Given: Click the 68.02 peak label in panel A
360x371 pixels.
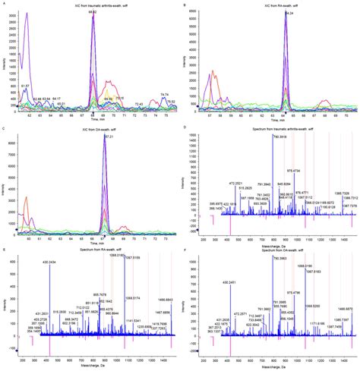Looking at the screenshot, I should point(93,12).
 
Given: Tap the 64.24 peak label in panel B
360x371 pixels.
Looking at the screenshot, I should point(289,13).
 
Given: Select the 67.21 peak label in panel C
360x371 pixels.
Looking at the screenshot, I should point(108,137).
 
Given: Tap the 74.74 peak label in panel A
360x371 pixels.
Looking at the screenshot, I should point(164,94).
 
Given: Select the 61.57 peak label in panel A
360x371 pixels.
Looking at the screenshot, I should point(26,85).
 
